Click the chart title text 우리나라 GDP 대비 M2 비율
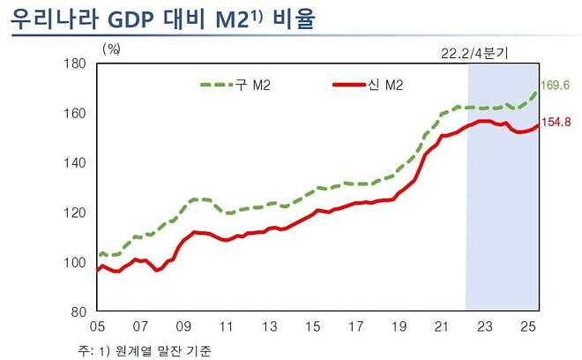click(x=164, y=19)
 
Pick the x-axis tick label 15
click(x=313, y=326)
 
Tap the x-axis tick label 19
click(x=399, y=326)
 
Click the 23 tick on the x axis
click(x=484, y=326)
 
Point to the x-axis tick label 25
click(x=526, y=326)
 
